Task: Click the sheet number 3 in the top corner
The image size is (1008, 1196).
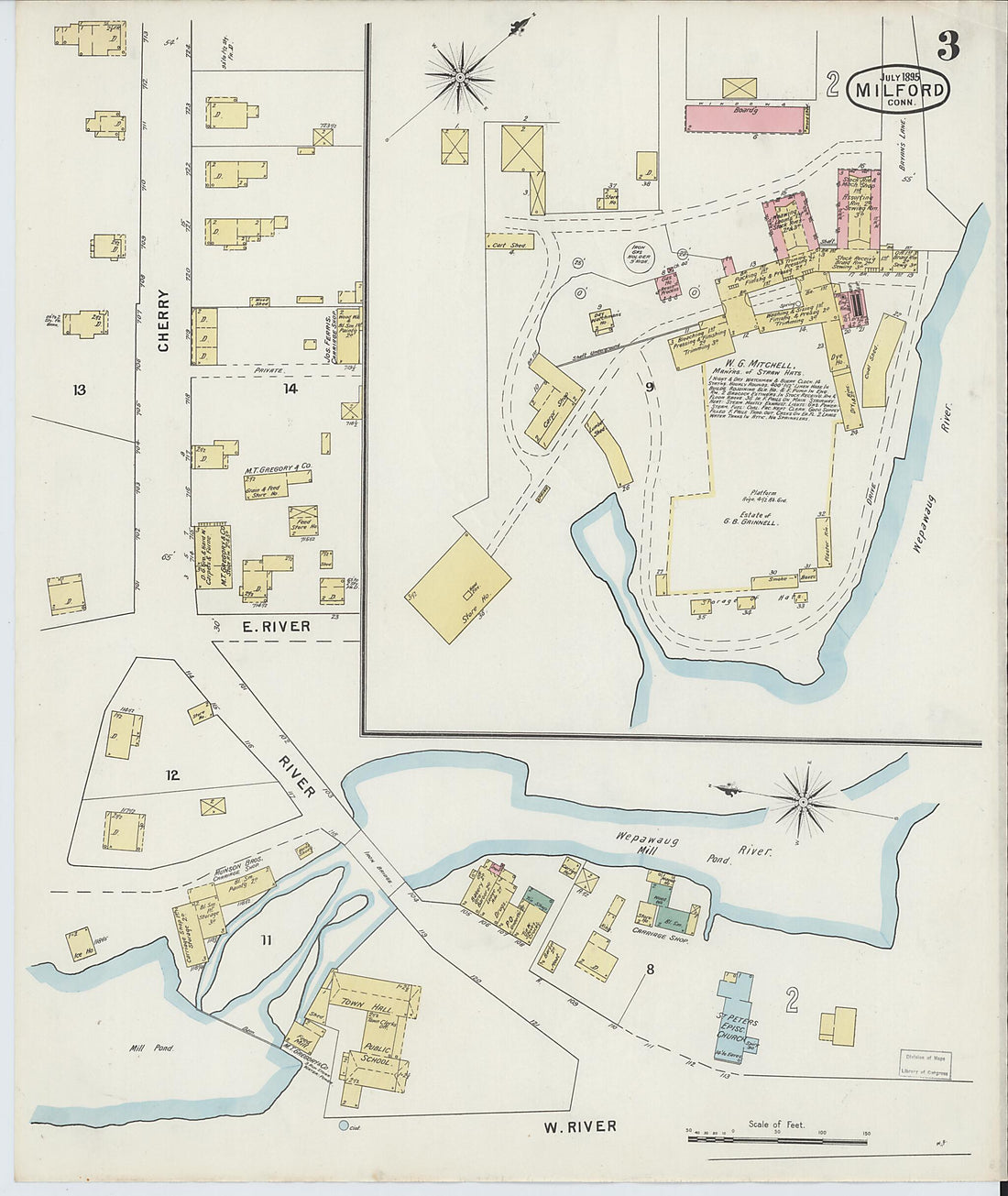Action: coord(948,46)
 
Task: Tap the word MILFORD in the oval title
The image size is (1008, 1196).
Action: coord(899,90)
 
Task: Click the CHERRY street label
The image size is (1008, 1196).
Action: coord(164,321)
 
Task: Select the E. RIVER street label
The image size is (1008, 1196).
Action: coord(276,627)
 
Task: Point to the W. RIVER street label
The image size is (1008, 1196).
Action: coord(580,1125)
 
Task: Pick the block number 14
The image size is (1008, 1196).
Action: coord(264,389)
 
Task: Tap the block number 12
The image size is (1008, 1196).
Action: coord(172,775)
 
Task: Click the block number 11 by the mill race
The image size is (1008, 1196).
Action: coord(266,939)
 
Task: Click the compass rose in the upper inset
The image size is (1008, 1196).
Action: coord(457,78)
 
